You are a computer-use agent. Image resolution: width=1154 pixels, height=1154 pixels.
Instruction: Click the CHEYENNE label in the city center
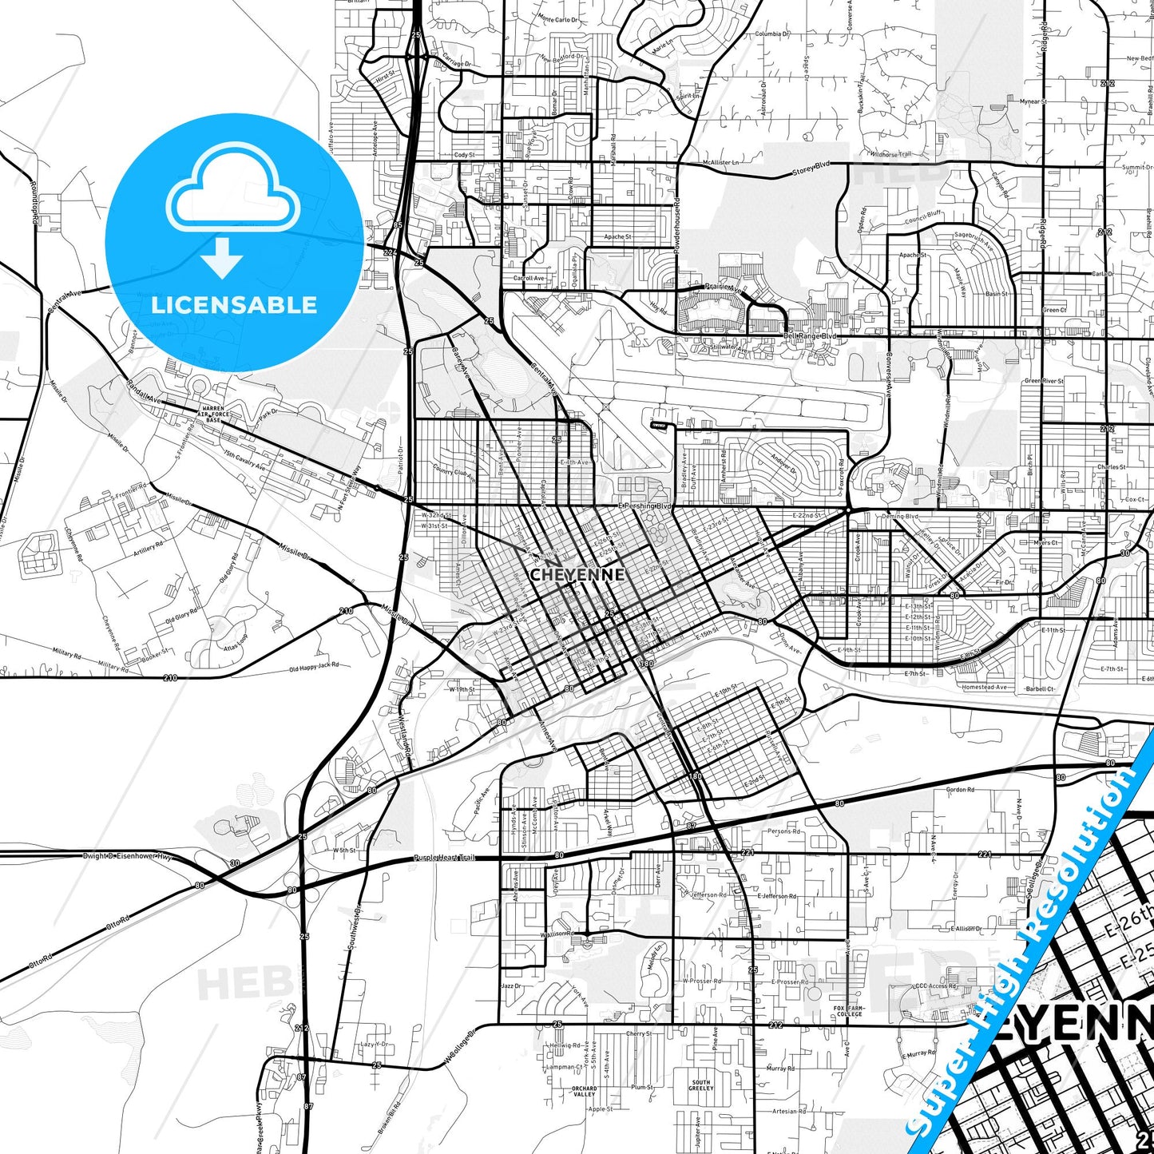point(577,574)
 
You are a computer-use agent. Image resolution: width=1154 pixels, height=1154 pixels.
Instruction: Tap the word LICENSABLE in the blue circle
point(234,305)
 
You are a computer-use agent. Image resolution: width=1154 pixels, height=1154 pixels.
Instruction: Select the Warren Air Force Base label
point(213,414)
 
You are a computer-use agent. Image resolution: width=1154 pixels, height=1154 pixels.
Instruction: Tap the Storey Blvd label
point(811,168)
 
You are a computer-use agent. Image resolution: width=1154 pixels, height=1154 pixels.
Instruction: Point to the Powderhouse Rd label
point(676,226)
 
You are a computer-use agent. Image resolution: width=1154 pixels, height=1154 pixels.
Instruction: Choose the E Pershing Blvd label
point(644,506)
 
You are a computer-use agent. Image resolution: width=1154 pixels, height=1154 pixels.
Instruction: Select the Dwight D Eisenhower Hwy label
point(127,856)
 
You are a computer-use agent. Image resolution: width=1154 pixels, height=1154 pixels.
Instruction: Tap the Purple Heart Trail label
point(444,858)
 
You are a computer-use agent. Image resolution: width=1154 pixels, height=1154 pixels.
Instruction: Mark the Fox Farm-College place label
point(848,1011)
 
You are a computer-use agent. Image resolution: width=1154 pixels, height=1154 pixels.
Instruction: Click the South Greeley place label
point(700,1085)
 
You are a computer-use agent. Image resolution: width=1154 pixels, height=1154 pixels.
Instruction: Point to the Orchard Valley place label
point(584,1091)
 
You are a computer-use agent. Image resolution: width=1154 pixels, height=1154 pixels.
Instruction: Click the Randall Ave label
point(143,391)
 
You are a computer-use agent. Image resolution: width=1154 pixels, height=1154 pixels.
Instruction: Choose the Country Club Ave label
point(454,473)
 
